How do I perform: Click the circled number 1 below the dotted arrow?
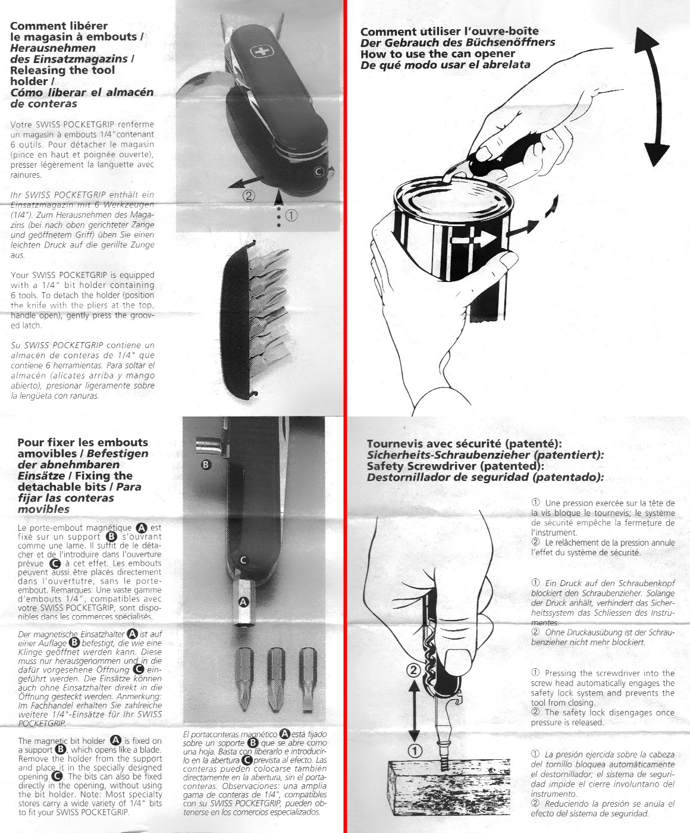(x=291, y=216)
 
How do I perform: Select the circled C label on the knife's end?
(x=319, y=172)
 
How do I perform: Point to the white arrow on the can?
(x=467, y=240)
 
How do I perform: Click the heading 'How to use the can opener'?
(x=438, y=54)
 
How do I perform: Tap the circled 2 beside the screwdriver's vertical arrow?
(x=414, y=671)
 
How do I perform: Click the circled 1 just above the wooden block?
(x=415, y=750)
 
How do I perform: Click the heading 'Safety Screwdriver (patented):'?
(x=456, y=466)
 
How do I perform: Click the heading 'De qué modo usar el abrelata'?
(x=445, y=65)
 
